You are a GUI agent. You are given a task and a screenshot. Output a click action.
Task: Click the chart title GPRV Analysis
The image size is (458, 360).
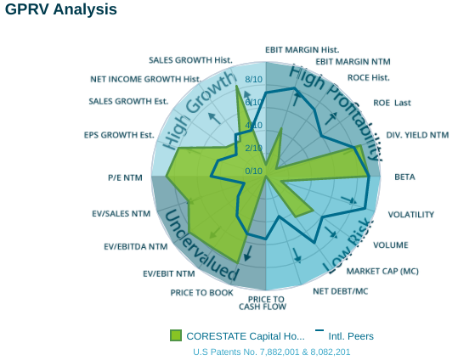pyautogui.click(x=61, y=10)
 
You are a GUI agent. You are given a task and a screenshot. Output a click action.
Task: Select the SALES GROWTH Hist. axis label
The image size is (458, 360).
pyautogui.click(x=190, y=60)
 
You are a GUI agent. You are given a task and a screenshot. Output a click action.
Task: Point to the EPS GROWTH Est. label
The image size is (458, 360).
pyautogui.click(x=119, y=135)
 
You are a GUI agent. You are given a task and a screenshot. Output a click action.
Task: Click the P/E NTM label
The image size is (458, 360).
pyautogui.click(x=125, y=178)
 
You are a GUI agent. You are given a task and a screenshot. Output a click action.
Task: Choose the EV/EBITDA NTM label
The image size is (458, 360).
pyautogui.click(x=135, y=247)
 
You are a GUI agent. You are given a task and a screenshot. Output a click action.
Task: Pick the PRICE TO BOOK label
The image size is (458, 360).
pyautogui.click(x=201, y=292)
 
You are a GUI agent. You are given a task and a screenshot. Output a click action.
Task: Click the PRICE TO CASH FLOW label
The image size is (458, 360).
pyautogui.click(x=267, y=302)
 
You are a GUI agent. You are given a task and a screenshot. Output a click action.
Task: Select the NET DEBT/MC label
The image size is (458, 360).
pyautogui.click(x=341, y=291)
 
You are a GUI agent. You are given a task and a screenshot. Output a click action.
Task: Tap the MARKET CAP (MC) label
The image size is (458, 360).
pyautogui.click(x=382, y=272)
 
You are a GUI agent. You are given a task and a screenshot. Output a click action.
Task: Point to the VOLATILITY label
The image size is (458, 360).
pyautogui.click(x=411, y=215)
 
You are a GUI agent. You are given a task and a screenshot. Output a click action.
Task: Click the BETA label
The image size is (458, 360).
pyautogui.click(x=404, y=177)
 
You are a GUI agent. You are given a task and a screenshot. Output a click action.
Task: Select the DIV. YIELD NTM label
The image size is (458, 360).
pyautogui.click(x=416, y=135)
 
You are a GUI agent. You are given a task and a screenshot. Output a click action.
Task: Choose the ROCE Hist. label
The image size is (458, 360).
pyautogui.click(x=369, y=78)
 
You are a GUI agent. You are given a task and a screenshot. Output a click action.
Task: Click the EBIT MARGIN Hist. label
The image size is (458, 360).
pyautogui.click(x=302, y=49)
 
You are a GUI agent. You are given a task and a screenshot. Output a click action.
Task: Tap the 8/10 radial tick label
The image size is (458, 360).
pyautogui.click(x=253, y=81)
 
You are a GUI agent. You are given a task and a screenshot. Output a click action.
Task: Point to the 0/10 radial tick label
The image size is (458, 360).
pyautogui.click(x=253, y=171)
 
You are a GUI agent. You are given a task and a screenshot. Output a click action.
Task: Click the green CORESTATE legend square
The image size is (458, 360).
pyautogui.click(x=176, y=335)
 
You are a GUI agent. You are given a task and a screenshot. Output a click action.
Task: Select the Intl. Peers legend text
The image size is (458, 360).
pyautogui.click(x=351, y=336)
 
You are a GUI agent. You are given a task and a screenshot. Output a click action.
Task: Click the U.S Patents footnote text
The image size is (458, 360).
pyautogui.click(x=272, y=352)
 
